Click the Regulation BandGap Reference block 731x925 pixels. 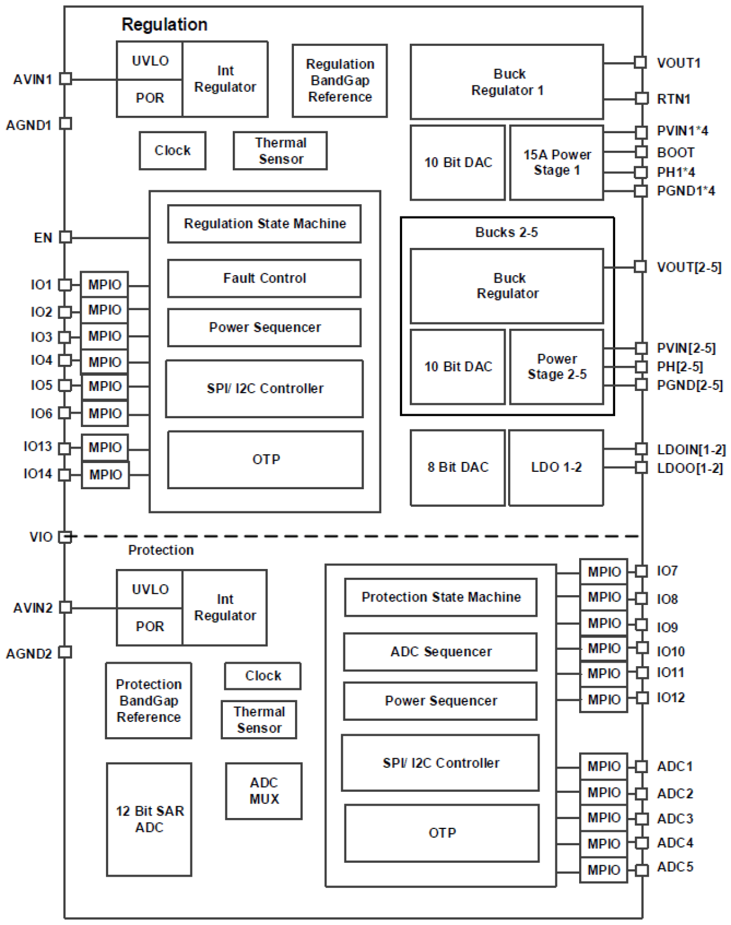pos(339,81)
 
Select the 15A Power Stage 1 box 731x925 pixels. pos(556,163)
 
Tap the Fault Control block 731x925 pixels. pos(264,279)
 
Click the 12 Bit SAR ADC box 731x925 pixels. pos(149,819)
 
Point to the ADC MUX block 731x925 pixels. pos(264,791)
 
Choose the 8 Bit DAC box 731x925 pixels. pos(457,468)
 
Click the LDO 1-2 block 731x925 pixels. pos(556,468)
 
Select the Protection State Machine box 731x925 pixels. pos(441,597)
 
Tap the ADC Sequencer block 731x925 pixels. pos(441,652)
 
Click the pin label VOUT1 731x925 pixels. pos(679,63)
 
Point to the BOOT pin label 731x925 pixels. pos(675,152)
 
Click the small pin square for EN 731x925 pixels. pos(66,237)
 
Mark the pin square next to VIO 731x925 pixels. pos(66,536)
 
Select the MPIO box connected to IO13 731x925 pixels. pos(105,448)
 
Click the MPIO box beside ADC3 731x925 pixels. pos(604,818)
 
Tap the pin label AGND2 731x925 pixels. pos(29,654)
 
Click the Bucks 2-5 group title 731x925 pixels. pos(506,233)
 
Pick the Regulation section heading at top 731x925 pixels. pos(164,24)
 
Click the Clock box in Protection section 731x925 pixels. pos(262,676)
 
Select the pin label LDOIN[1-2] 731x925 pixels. pos(691,450)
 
